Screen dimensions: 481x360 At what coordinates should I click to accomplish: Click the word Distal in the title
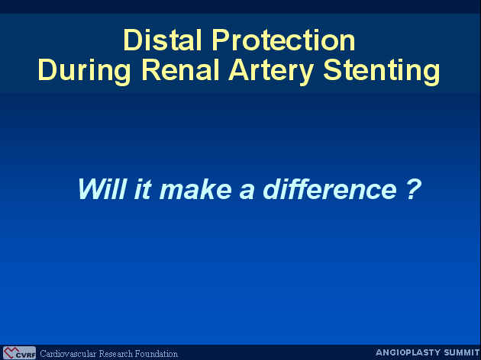pyautogui.click(x=163, y=40)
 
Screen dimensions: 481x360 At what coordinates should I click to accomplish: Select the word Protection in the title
pyautogui.click(x=283, y=40)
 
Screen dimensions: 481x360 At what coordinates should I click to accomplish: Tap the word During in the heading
pyautogui.click(x=84, y=71)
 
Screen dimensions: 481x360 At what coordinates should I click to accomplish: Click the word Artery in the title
pyautogui.click(x=270, y=71)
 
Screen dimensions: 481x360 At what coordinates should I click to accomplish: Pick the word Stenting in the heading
pyautogui.click(x=381, y=71)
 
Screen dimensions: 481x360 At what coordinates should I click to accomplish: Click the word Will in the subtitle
pyautogui.click(x=102, y=188)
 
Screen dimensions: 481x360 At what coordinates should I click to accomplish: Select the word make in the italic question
pyautogui.click(x=195, y=188)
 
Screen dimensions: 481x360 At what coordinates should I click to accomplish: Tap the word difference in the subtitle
pyautogui.click(x=330, y=188)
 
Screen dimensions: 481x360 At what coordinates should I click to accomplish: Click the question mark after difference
pyautogui.click(x=414, y=189)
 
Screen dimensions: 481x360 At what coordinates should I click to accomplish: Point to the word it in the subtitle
pyautogui.click(x=143, y=188)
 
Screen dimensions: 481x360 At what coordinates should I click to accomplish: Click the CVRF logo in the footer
pyautogui.click(x=19, y=353)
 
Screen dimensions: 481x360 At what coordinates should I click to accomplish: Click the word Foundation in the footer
pyautogui.click(x=157, y=354)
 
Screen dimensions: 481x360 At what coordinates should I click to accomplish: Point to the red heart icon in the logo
pyautogui.click(x=10, y=352)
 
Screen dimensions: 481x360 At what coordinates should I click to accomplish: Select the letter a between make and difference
pyautogui.click(x=247, y=192)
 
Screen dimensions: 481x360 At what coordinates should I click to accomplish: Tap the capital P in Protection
pyautogui.click(x=221, y=40)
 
